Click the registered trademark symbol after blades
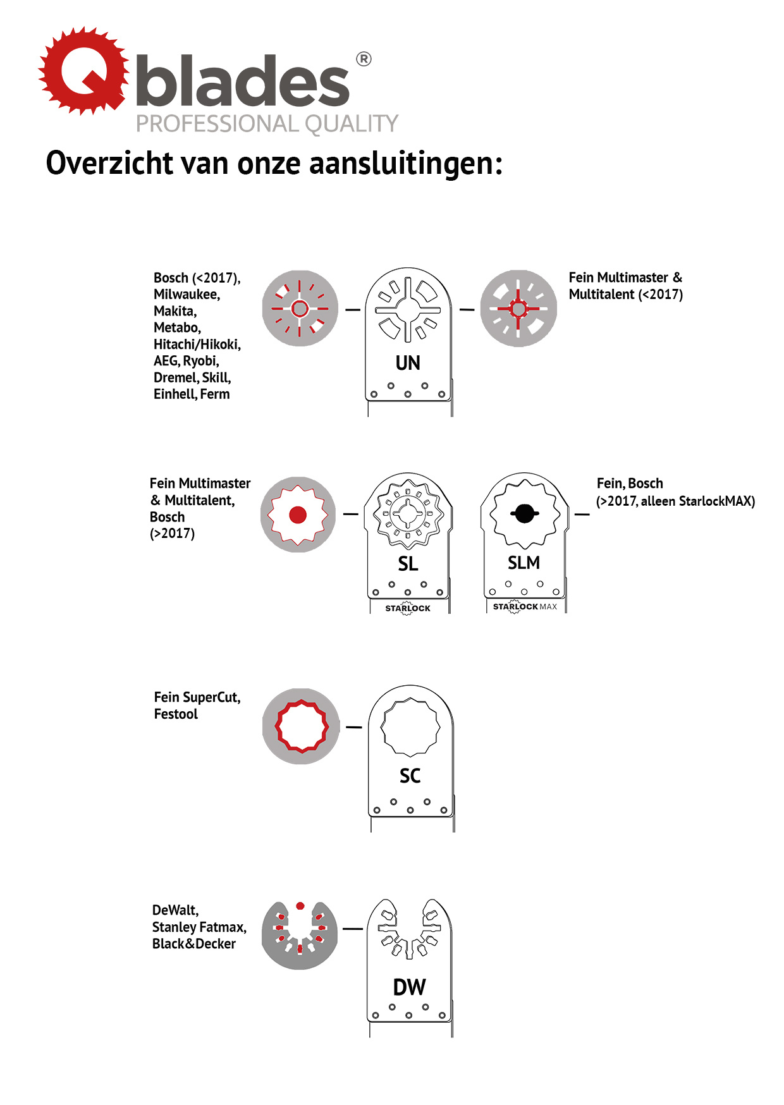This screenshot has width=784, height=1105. tap(364, 59)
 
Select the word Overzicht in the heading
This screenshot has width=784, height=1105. tap(109, 163)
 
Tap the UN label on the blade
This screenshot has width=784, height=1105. tap(408, 363)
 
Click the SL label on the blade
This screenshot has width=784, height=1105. tap(408, 563)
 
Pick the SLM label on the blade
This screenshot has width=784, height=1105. tap(524, 563)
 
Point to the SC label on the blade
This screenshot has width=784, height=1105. tap(410, 776)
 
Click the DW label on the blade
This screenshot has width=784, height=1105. tap(409, 987)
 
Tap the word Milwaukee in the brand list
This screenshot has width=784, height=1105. tap(187, 295)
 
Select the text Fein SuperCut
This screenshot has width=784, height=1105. tap(197, 697)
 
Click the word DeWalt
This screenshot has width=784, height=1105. tap(175, 910)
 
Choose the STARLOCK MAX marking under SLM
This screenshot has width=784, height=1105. tap(525, 607)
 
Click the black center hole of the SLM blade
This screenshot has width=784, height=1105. tap(524, 513)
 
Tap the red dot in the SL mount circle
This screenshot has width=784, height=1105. tap(298, 515)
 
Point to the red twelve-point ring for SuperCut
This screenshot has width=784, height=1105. tap(302, 726)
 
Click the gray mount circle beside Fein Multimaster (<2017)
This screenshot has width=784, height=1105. tap(518, 308)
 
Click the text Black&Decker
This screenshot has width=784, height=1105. tap(193, 944)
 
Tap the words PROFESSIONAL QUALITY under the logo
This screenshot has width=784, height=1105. tap(267, 124)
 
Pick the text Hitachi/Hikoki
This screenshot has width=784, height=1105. tap(197, 345)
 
